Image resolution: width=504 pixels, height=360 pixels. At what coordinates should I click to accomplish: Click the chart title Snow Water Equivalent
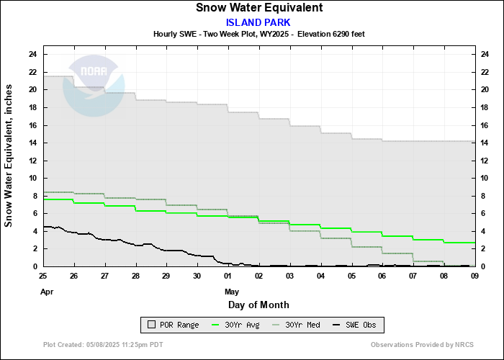(x=258, y=8)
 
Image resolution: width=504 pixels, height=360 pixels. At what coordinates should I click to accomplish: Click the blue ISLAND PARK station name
(x=258, y=22)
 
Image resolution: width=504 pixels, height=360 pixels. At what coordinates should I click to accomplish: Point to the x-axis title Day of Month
(x=258, y=305)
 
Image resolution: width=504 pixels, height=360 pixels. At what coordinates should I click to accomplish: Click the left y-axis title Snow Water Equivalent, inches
(x=9, y=156)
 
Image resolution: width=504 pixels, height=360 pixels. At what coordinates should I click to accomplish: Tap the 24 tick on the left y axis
(x=33, y=54)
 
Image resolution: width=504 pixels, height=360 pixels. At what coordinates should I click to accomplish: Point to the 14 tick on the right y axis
(x=485, y=143)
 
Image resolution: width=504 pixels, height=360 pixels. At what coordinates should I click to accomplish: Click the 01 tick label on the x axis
(x=228, y=276)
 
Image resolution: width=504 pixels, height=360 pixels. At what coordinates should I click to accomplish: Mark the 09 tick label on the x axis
(x=474, y=276)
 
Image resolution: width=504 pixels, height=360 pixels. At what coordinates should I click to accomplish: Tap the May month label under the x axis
(x=232, y=292)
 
